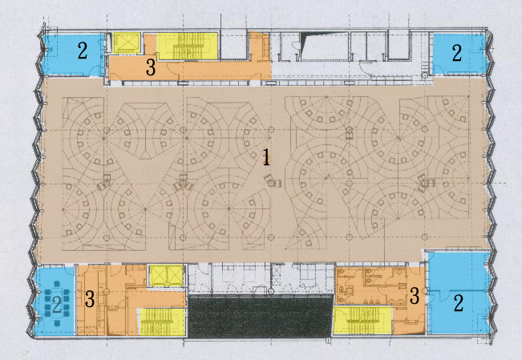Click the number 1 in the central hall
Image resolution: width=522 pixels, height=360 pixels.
point(266,157)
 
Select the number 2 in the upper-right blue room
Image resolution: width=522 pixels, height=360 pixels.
point(457,52)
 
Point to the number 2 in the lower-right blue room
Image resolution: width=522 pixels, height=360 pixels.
point(459,303)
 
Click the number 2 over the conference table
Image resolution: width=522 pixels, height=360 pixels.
point(57,305)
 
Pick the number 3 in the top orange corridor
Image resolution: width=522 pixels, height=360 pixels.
point(151,67)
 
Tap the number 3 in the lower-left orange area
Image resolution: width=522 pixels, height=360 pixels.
point(90,299)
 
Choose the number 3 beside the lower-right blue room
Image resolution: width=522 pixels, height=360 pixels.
point(415,296)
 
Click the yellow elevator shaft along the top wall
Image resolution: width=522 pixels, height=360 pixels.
point(127,42)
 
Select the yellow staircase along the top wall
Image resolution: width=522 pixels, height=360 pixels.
point(187,46)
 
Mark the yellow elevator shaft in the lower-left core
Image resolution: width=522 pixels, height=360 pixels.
point(166,275)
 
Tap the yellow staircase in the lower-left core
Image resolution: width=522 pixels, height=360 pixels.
point(162,322)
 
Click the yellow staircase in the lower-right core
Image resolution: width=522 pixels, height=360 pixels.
point(363,321)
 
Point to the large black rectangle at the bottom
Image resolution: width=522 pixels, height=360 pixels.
point(261,317)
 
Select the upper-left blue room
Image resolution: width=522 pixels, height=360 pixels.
point(74,55)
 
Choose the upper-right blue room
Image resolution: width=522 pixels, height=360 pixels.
point(459,53)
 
